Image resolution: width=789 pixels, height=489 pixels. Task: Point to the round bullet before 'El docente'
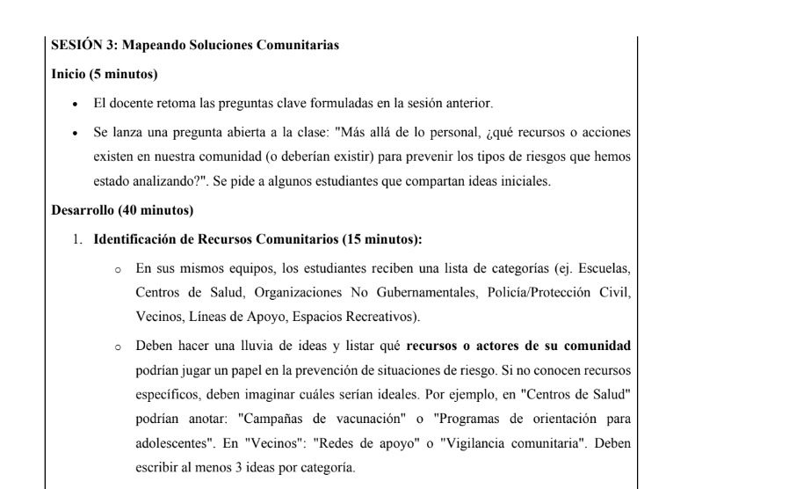click(x=76, y=103)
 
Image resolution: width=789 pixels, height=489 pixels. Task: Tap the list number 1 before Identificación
click(x=76, y=239)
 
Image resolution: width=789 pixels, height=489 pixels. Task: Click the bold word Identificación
click(x=136, y=239)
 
